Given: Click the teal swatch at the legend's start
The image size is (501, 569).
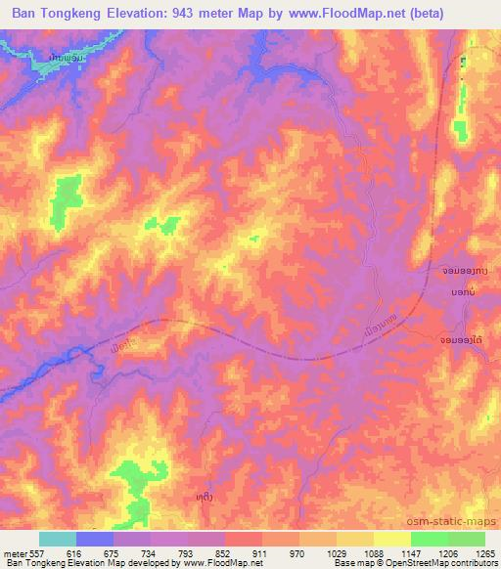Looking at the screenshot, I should [58, 540].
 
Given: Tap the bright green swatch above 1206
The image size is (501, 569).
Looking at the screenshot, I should [429, 540].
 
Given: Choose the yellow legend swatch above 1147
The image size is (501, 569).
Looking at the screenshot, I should [391, 540].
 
